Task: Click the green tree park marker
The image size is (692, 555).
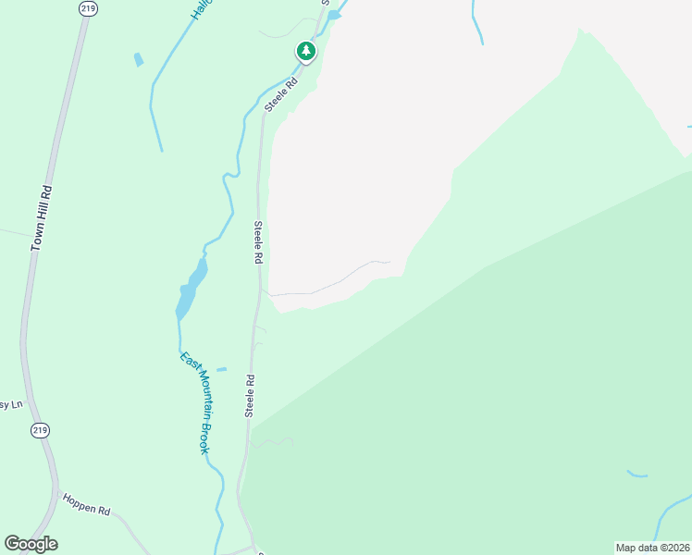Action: pyautogui.click(x=306, y=51)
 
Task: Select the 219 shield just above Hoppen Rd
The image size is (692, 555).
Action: pyautogui.click(x=40, y=430)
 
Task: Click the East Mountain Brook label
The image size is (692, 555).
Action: pyautogui.click(x=192, y=402)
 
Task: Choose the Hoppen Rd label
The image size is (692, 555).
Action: pyautogui.click(x=87, y=504)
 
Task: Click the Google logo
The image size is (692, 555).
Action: pyautogui.click(x=31, y=544)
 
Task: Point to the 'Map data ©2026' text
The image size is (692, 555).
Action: pyautogui.click(x=653, y=548)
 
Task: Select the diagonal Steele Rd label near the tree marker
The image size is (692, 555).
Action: pyautogui.click(x=280, y=94)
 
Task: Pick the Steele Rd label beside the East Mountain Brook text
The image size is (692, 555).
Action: pyautogui.click(x=249, y=396)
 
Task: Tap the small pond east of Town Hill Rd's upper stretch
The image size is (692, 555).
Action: pyautogui.click(x=139, y=60)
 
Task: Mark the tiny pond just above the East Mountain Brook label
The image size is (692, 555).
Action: pyautogui.click(x=221, y=369)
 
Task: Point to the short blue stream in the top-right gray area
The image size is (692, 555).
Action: pyautogui.click(x=476, y=23)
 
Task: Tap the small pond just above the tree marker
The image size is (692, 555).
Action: pyautogui.click(x=334, y=15)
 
